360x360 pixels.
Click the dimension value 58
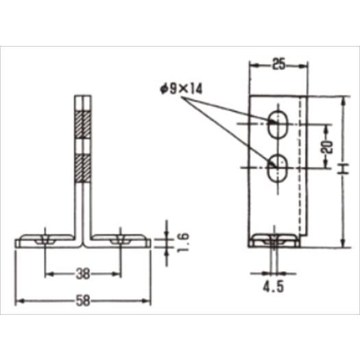coord(83,301)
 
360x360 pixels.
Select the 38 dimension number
coord(83,274)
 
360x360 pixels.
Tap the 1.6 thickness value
coord(184,243)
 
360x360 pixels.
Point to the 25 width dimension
coord(279,64)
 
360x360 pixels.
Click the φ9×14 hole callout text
coord(182,89)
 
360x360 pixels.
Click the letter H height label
coord(344,169)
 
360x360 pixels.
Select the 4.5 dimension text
coord(274,287)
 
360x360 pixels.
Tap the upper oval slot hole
coord(278,124)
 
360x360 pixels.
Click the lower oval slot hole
coord(278,168)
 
